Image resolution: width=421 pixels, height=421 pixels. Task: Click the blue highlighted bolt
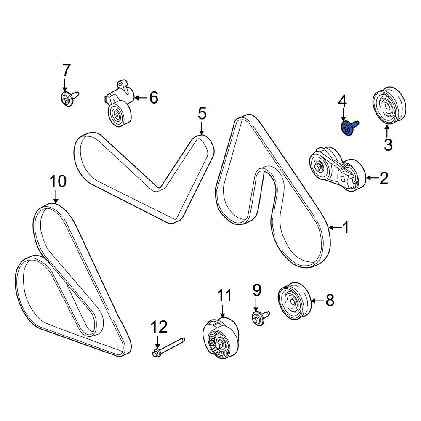(349, 128)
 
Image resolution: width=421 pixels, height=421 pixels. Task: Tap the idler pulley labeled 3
(389, 106)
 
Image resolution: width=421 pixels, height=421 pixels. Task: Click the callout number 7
(66, 70)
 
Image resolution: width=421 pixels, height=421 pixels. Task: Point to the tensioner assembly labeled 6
(119, 103)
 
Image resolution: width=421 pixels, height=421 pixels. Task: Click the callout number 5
(202, 113)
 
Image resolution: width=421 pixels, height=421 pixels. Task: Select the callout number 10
(58, 181)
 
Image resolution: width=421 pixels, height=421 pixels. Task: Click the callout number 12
(159, 327)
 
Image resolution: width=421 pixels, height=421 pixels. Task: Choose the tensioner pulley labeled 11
(220, 338)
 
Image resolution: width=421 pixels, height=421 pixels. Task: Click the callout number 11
(224, 296)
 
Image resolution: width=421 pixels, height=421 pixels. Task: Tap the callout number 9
(256, 290)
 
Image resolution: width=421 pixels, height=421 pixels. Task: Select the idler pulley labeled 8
(294, 301)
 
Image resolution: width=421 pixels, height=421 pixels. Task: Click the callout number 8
(330, 301)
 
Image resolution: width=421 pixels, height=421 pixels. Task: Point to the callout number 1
(346, 228)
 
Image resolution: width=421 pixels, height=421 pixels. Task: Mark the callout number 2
(384, 178)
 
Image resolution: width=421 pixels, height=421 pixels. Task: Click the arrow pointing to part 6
(140, 98)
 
